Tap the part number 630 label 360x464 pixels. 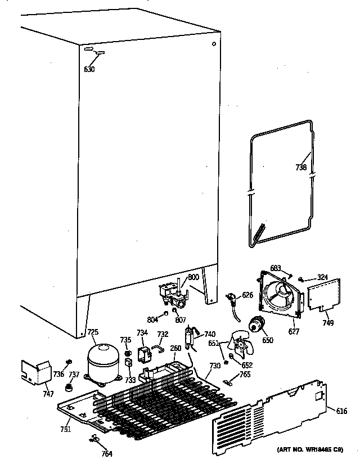[89, 70]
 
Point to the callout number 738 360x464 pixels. [301, 166]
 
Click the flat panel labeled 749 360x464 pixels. [325, 296]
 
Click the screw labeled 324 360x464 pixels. [303, 278]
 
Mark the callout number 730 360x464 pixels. [214, 366]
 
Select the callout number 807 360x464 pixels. [180, 321]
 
